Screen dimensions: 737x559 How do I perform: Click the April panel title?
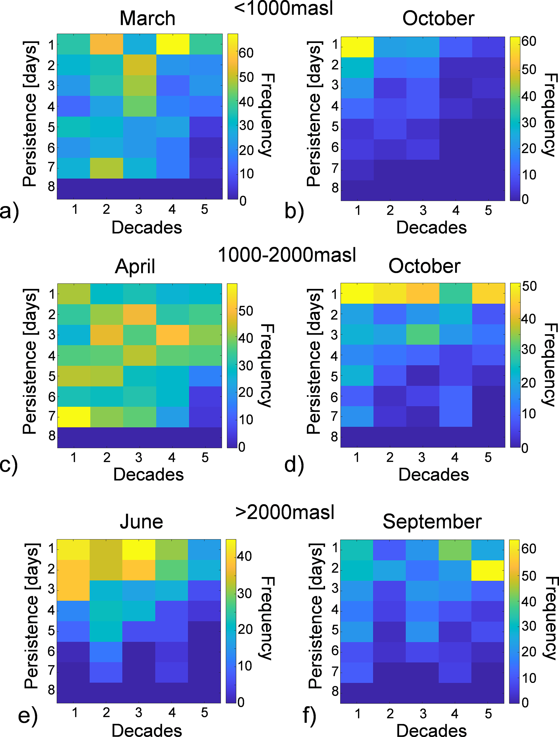coord(135,267)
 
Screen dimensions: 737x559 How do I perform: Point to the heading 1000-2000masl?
coord(287,255)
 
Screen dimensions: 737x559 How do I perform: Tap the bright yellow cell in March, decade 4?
coord(173,44)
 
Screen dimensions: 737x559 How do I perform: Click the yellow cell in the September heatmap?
coord(487,570)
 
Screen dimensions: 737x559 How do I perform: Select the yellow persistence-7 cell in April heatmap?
coord(74,417)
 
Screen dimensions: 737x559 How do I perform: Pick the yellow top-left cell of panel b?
coord(357,47)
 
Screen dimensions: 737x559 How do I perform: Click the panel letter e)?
coord(28,715)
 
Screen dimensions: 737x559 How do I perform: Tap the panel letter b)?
coord(294,212)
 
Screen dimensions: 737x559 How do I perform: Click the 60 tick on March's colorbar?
coord(246,53)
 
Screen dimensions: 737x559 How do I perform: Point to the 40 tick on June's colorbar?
coord(244,556)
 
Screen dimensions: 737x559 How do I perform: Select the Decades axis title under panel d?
coord(433,474)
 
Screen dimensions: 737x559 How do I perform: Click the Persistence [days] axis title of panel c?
coord(30,361)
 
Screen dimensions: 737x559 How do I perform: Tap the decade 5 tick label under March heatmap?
coord(205,210)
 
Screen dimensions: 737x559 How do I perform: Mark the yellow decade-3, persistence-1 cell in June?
coord(139,549)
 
